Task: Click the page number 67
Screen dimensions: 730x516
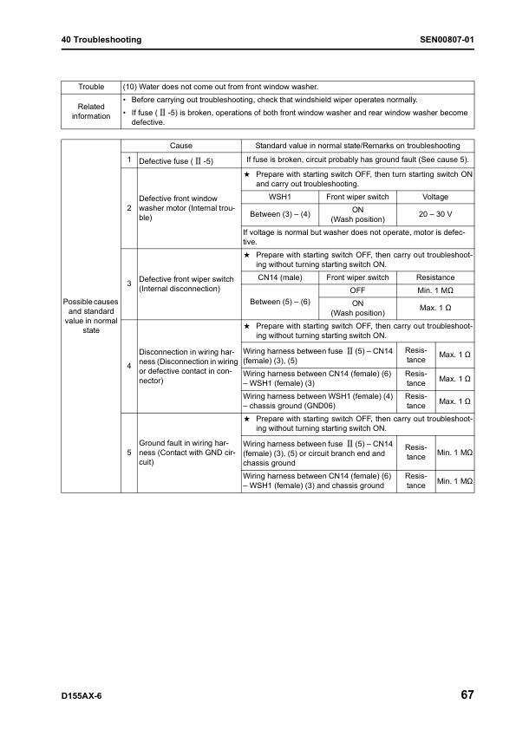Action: tap(467, 695)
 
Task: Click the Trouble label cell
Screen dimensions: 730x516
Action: tap(91, 87)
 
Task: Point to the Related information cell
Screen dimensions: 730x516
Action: tap(91, 111)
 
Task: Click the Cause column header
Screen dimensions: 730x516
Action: tap(181, 146)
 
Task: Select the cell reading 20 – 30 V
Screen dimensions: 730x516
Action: tap(435, 213)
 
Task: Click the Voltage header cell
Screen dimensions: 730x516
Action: tap(435, 197)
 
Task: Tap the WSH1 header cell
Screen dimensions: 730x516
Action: tap(279, 197)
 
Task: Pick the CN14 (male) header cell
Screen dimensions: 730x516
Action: tap(279, 277)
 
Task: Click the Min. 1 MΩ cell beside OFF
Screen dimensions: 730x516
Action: tap(435, 290)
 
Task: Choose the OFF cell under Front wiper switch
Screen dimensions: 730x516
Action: tap(357, 290)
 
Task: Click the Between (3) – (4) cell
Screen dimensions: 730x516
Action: tap(279, 213)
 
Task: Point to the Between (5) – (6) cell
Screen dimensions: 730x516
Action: tap(279, 301)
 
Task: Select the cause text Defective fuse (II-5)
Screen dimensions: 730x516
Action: tap(176, 161)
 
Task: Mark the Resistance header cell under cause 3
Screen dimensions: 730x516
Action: tap(435, 277)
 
